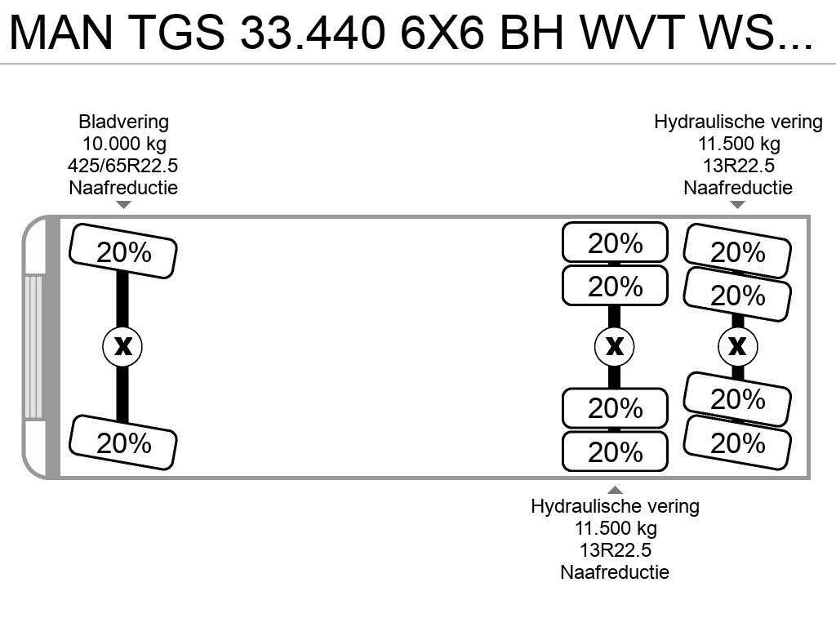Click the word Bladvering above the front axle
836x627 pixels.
pos(123,122)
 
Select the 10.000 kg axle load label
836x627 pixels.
pos(124,144)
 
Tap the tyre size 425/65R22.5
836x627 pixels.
pos(122,166)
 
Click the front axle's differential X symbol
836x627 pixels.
pos(122,346)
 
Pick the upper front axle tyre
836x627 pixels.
pos(123,251)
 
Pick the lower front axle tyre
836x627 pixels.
pos(123,442)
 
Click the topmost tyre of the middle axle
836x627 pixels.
pos(615,242)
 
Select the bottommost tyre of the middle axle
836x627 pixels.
pos(615,451)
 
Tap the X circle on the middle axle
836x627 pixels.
pos(614,346)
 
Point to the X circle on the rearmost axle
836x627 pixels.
pos(737,346)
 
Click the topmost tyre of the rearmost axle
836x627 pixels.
pos(737,251)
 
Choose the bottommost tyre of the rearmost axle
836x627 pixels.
pos(737,442)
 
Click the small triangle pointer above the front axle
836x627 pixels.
pos(123,205)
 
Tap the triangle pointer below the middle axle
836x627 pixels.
pos(615,490)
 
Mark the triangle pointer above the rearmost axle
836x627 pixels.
pos(737,205)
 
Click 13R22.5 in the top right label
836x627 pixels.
pos(738,166)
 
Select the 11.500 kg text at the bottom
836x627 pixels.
pos(616,528)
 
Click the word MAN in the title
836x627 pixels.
pos(61,32)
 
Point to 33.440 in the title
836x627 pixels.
pos(313,32)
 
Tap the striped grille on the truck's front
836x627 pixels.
pos(33,346)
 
